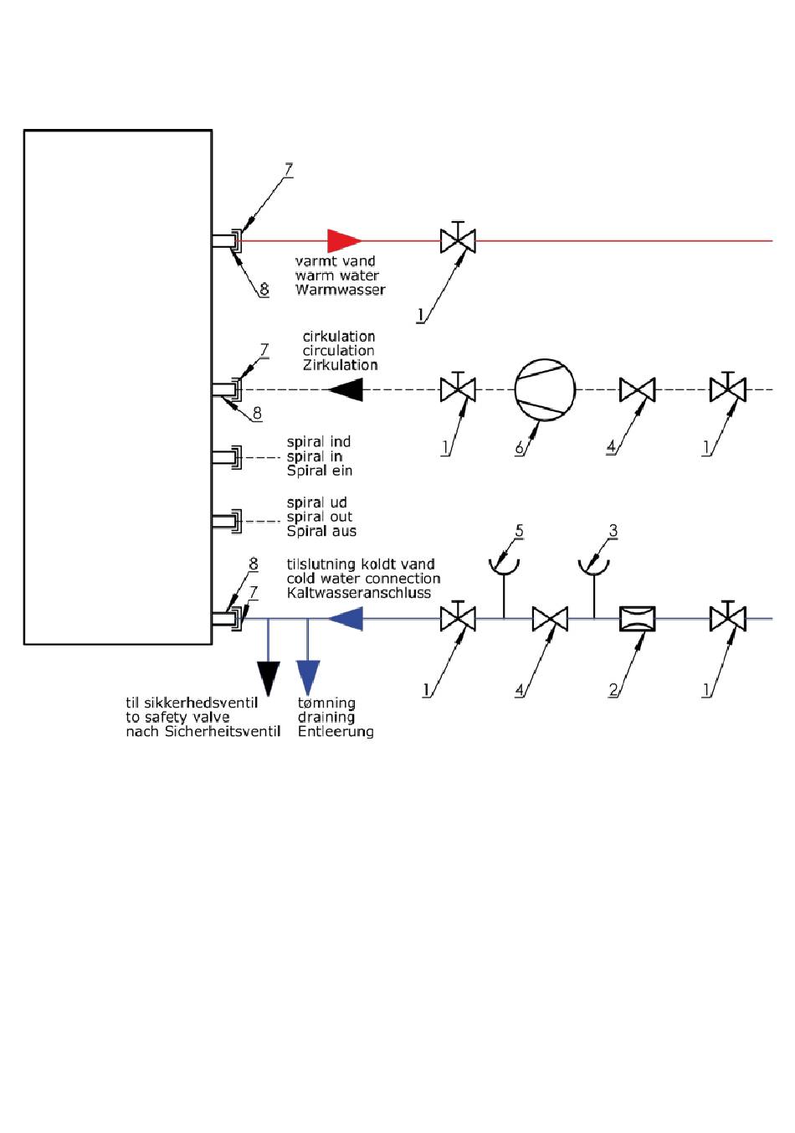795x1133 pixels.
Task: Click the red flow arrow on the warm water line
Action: pos(342,241)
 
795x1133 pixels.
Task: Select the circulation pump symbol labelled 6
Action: pos(545,390)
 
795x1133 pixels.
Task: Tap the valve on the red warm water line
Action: pos(458,241)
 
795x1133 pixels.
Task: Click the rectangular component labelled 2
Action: pos(637,619)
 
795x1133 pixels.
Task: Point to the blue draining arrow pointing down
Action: pos(308,677)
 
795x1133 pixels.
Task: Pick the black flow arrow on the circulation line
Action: pos(345,390)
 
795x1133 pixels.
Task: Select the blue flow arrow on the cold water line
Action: pos(345,619)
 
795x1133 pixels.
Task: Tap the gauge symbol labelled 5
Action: pos(504,566)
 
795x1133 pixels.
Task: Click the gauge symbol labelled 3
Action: pos(594,566)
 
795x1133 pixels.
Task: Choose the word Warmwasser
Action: pos(340,290)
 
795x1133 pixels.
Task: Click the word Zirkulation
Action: pos(340,365)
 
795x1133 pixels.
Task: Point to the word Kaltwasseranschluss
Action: pos(359,593)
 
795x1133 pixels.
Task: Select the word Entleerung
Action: pos(336,732)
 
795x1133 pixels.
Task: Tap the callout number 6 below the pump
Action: pos(519,448)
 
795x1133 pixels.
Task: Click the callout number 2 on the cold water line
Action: pos(613,690)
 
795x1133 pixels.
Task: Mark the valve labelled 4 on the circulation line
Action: pos(637,390)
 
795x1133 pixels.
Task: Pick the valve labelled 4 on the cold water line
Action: pos(550,619)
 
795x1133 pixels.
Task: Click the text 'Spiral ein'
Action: pos(320,471)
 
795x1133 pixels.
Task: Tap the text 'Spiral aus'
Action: pos(321,531)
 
